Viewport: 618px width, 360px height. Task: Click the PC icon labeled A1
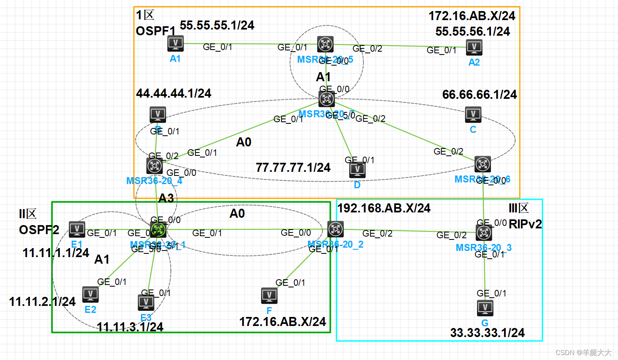click(x=175, y=43)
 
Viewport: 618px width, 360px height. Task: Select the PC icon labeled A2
click(x=474, y=47)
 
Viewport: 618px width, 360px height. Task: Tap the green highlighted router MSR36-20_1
click(x=158, y=230)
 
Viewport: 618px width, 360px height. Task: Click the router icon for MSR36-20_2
click(x=335, y=229)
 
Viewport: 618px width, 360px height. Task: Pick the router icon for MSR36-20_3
click(x=484, y=233)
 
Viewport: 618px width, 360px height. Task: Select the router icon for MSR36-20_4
click(x=154, y=166)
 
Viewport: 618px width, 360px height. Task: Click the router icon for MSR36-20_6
click(x=483, y=164)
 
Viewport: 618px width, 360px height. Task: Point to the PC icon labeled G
click(x=485, y=308)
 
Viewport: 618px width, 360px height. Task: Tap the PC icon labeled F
click(x=269, y=296)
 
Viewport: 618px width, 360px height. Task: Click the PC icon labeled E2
click(x=91, y=294)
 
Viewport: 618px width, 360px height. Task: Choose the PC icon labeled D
click(x=357, y=170)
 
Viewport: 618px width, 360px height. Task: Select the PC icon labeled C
click(x=473, y=114)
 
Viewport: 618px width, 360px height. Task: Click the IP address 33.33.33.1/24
click(x=487, y=333)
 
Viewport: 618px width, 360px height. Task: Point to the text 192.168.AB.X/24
click(x=384, y=208)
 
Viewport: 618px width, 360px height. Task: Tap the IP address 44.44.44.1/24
click(x=174, y=93)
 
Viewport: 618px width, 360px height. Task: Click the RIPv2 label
click(x=525, y=224)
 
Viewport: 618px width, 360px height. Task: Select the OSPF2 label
click(x=39, y=230)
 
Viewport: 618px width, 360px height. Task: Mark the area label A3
click(x=166, y=198)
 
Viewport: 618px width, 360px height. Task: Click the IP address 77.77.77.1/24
click(x=293, y=168)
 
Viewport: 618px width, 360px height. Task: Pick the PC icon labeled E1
click(x=77, y=229)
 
